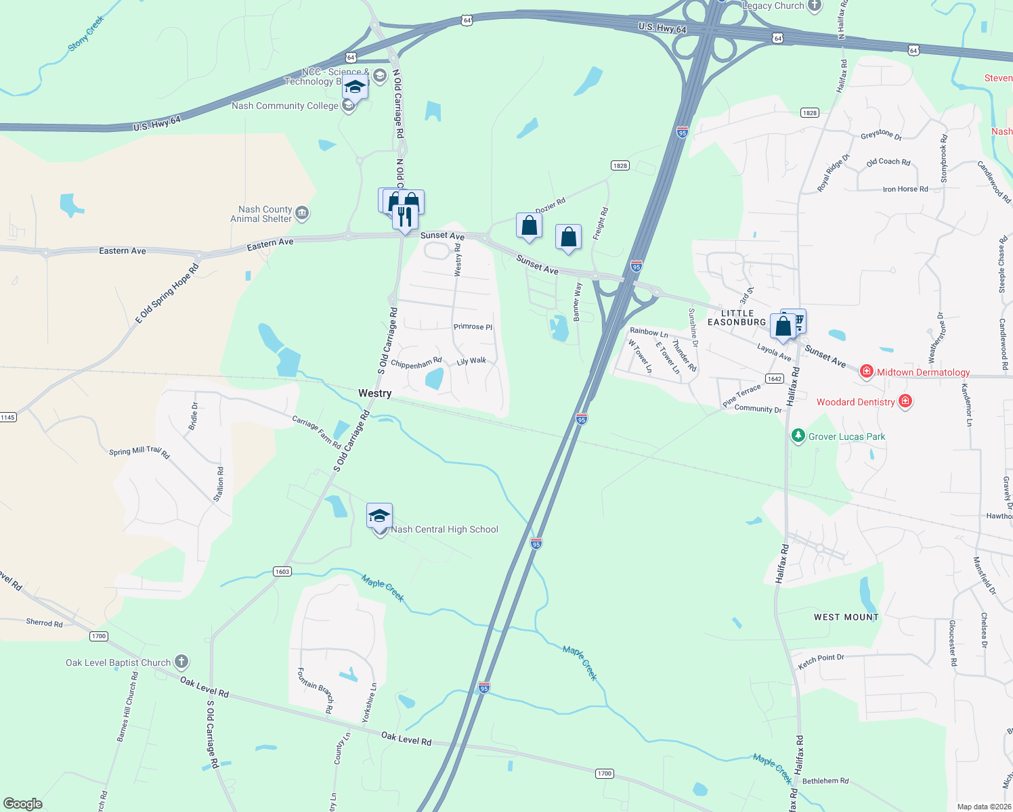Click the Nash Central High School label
pyautogui.click(x=444, y=530)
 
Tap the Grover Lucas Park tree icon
pyautogui.click(x=798, y=436)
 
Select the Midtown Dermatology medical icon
pyautogui.click(x=866, y=371)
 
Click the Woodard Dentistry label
pyautogui.click(x=855, y=402)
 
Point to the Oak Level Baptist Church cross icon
pyautogui.click(x=181, y=662)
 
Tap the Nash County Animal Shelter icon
pyautogui.click(x=302, y=214)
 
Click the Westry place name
pyautogui.click(x=374, y=393)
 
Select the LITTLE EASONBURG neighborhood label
pyautogui.click(x=737, y=317)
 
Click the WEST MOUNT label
pyautogui.click(x=846, y=617)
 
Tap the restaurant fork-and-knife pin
pyautogui.click(x=404, y=217)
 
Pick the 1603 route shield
pyautogui.click(x=282, y=572)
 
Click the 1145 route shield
pyautogui.click(x=7, y=417)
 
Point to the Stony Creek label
pyautogui.click(x=86, y=34)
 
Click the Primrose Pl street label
pyautogui.click(x=473, y=327)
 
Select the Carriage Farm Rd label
pyautogui.click(x=316, y=432)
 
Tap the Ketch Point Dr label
pyautogui.click(x=821, y=661)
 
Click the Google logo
pyautogui.click(x=22, y=803)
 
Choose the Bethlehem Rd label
pyautogui.click(x=825, y=781)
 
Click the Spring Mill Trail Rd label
pyautogui.click(x=139, y=451)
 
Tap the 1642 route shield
pyautogui.click(x=774, y=379)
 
